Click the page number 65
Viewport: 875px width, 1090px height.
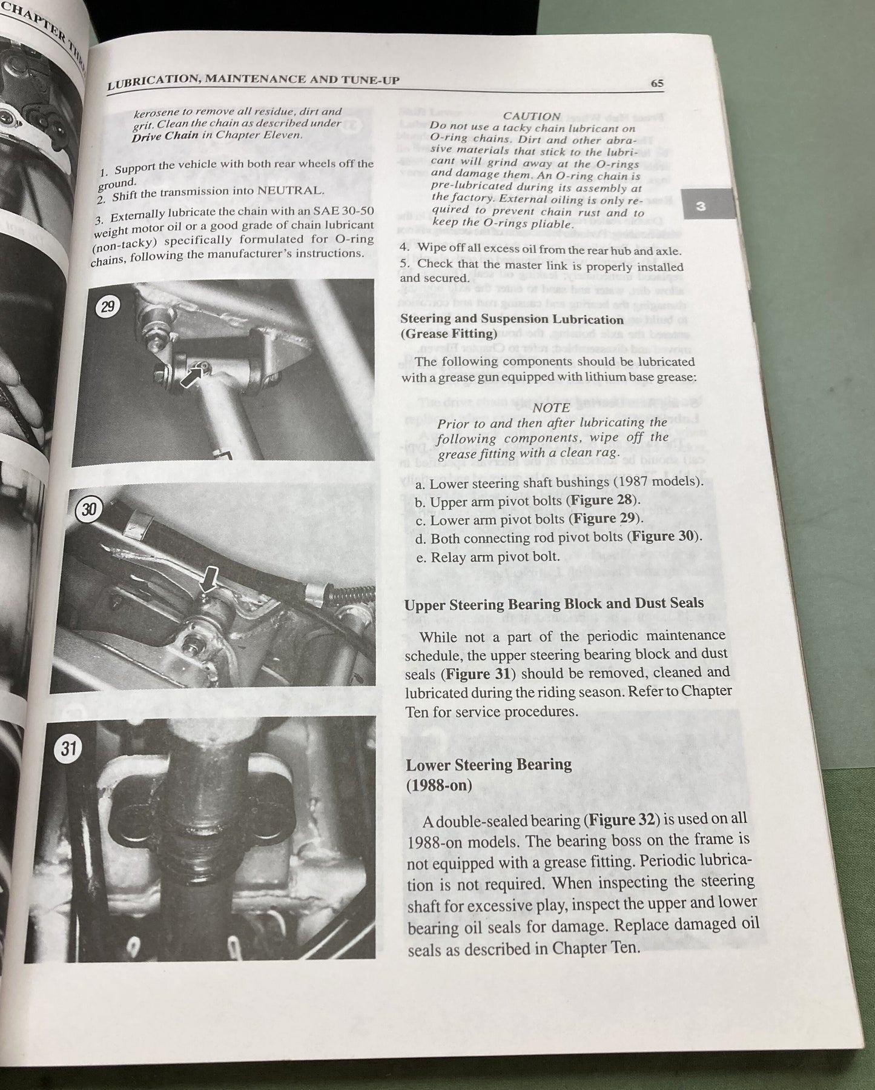coord(657,85)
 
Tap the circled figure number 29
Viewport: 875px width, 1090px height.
coord(107,307)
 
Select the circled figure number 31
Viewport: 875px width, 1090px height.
coord(68,749)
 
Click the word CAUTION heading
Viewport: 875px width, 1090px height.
coord(532,116)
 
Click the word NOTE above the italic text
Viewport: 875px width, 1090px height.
coord(550,408)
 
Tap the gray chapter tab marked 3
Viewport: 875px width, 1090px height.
coord(701,207)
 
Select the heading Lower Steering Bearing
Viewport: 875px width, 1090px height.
coord(488,765)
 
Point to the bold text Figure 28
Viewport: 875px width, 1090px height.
coord(602,500)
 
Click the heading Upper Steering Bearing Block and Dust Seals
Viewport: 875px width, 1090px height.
coord(553,604)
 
